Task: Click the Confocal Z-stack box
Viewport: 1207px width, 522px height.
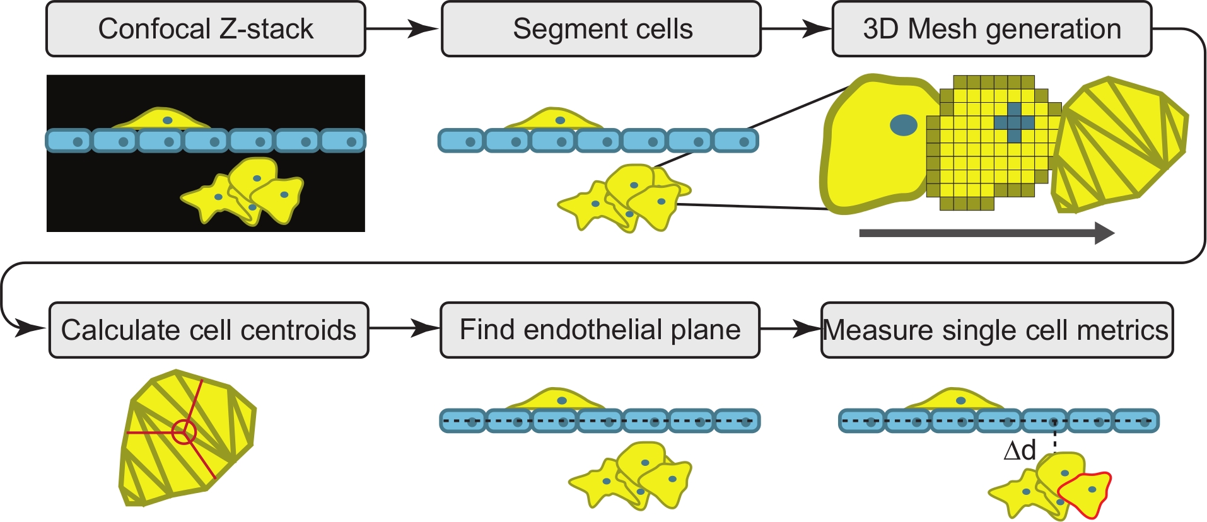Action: tap(206, 29)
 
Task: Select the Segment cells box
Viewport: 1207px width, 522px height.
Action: tap(601, 29)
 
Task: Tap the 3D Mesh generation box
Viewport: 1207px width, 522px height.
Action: tap(991, 29)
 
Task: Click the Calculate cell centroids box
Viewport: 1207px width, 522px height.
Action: tap(209, 330)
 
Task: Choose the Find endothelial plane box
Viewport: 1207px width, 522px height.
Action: tap(600, 330)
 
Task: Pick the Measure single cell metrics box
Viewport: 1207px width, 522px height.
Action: tap(996, 330)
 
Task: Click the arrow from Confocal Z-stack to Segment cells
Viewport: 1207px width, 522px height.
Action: tap(402, 28)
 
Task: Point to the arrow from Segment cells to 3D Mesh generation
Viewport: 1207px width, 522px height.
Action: tap(796, 28)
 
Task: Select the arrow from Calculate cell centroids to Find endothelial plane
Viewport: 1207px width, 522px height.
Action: tap(404, 328)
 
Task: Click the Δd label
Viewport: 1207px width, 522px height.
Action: tap(1020, 451)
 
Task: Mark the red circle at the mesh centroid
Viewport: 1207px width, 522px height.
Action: tap(184, 432)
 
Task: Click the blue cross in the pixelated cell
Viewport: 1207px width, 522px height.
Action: tap(1013, 122)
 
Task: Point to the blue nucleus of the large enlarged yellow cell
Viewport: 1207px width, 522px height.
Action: tap(903, 125)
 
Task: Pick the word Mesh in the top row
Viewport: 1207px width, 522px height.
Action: tap(943, 29)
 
